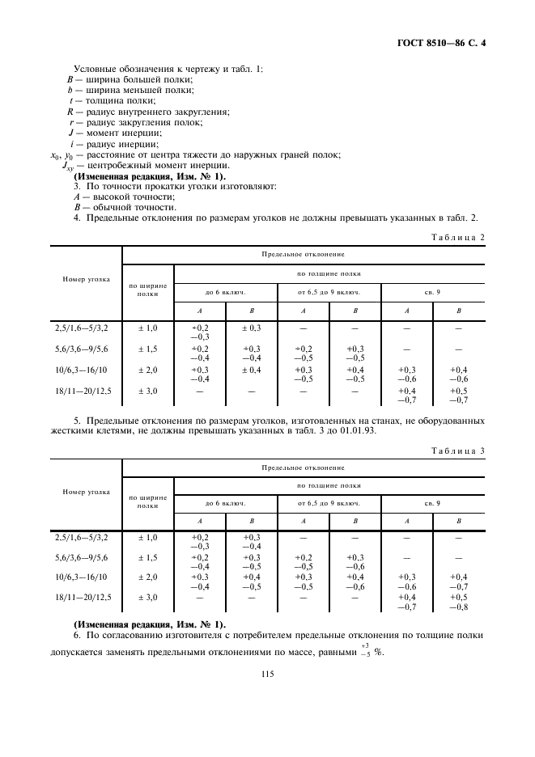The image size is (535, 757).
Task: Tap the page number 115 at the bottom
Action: tap(268, 675)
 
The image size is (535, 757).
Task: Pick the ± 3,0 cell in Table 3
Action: tap(147, 597)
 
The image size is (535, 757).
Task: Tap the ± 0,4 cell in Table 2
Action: tap(252, 369)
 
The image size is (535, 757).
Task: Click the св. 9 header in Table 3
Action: tap(433, 504)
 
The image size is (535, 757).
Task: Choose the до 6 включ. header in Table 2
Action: tap(226, 290)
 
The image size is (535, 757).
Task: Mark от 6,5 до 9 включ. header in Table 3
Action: tap(329, 504)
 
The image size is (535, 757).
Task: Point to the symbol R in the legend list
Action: tap(70, 111)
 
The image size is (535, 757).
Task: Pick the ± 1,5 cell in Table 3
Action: tap(147, 558)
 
